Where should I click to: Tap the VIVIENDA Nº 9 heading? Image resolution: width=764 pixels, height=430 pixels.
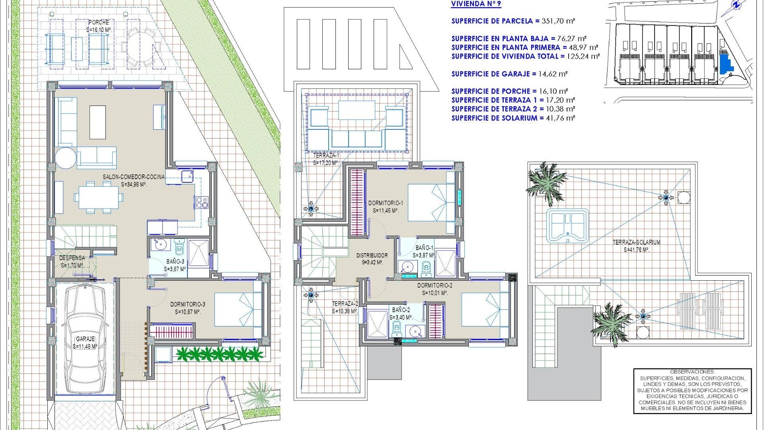tap(476, 4)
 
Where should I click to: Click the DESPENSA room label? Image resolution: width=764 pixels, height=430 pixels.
tap(72, 258)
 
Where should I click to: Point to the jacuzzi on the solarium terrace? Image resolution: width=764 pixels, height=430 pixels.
tap(567, 226)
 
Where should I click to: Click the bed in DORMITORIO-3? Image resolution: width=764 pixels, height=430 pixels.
tap(238, 309)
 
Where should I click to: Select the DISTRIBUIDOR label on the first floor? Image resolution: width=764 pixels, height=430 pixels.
tap(372, 255)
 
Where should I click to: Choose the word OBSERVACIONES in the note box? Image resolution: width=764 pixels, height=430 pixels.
tap(692, 371)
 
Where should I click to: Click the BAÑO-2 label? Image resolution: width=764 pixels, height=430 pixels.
tap(401, 310)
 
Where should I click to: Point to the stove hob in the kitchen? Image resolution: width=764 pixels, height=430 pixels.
tap(201, 202)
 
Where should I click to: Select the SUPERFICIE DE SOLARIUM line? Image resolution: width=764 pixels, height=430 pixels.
tap(513, 118)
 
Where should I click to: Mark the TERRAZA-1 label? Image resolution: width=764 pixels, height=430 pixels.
tap(325, 155)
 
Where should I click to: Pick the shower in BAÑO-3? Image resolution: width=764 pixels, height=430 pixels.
tap(198, 253)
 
